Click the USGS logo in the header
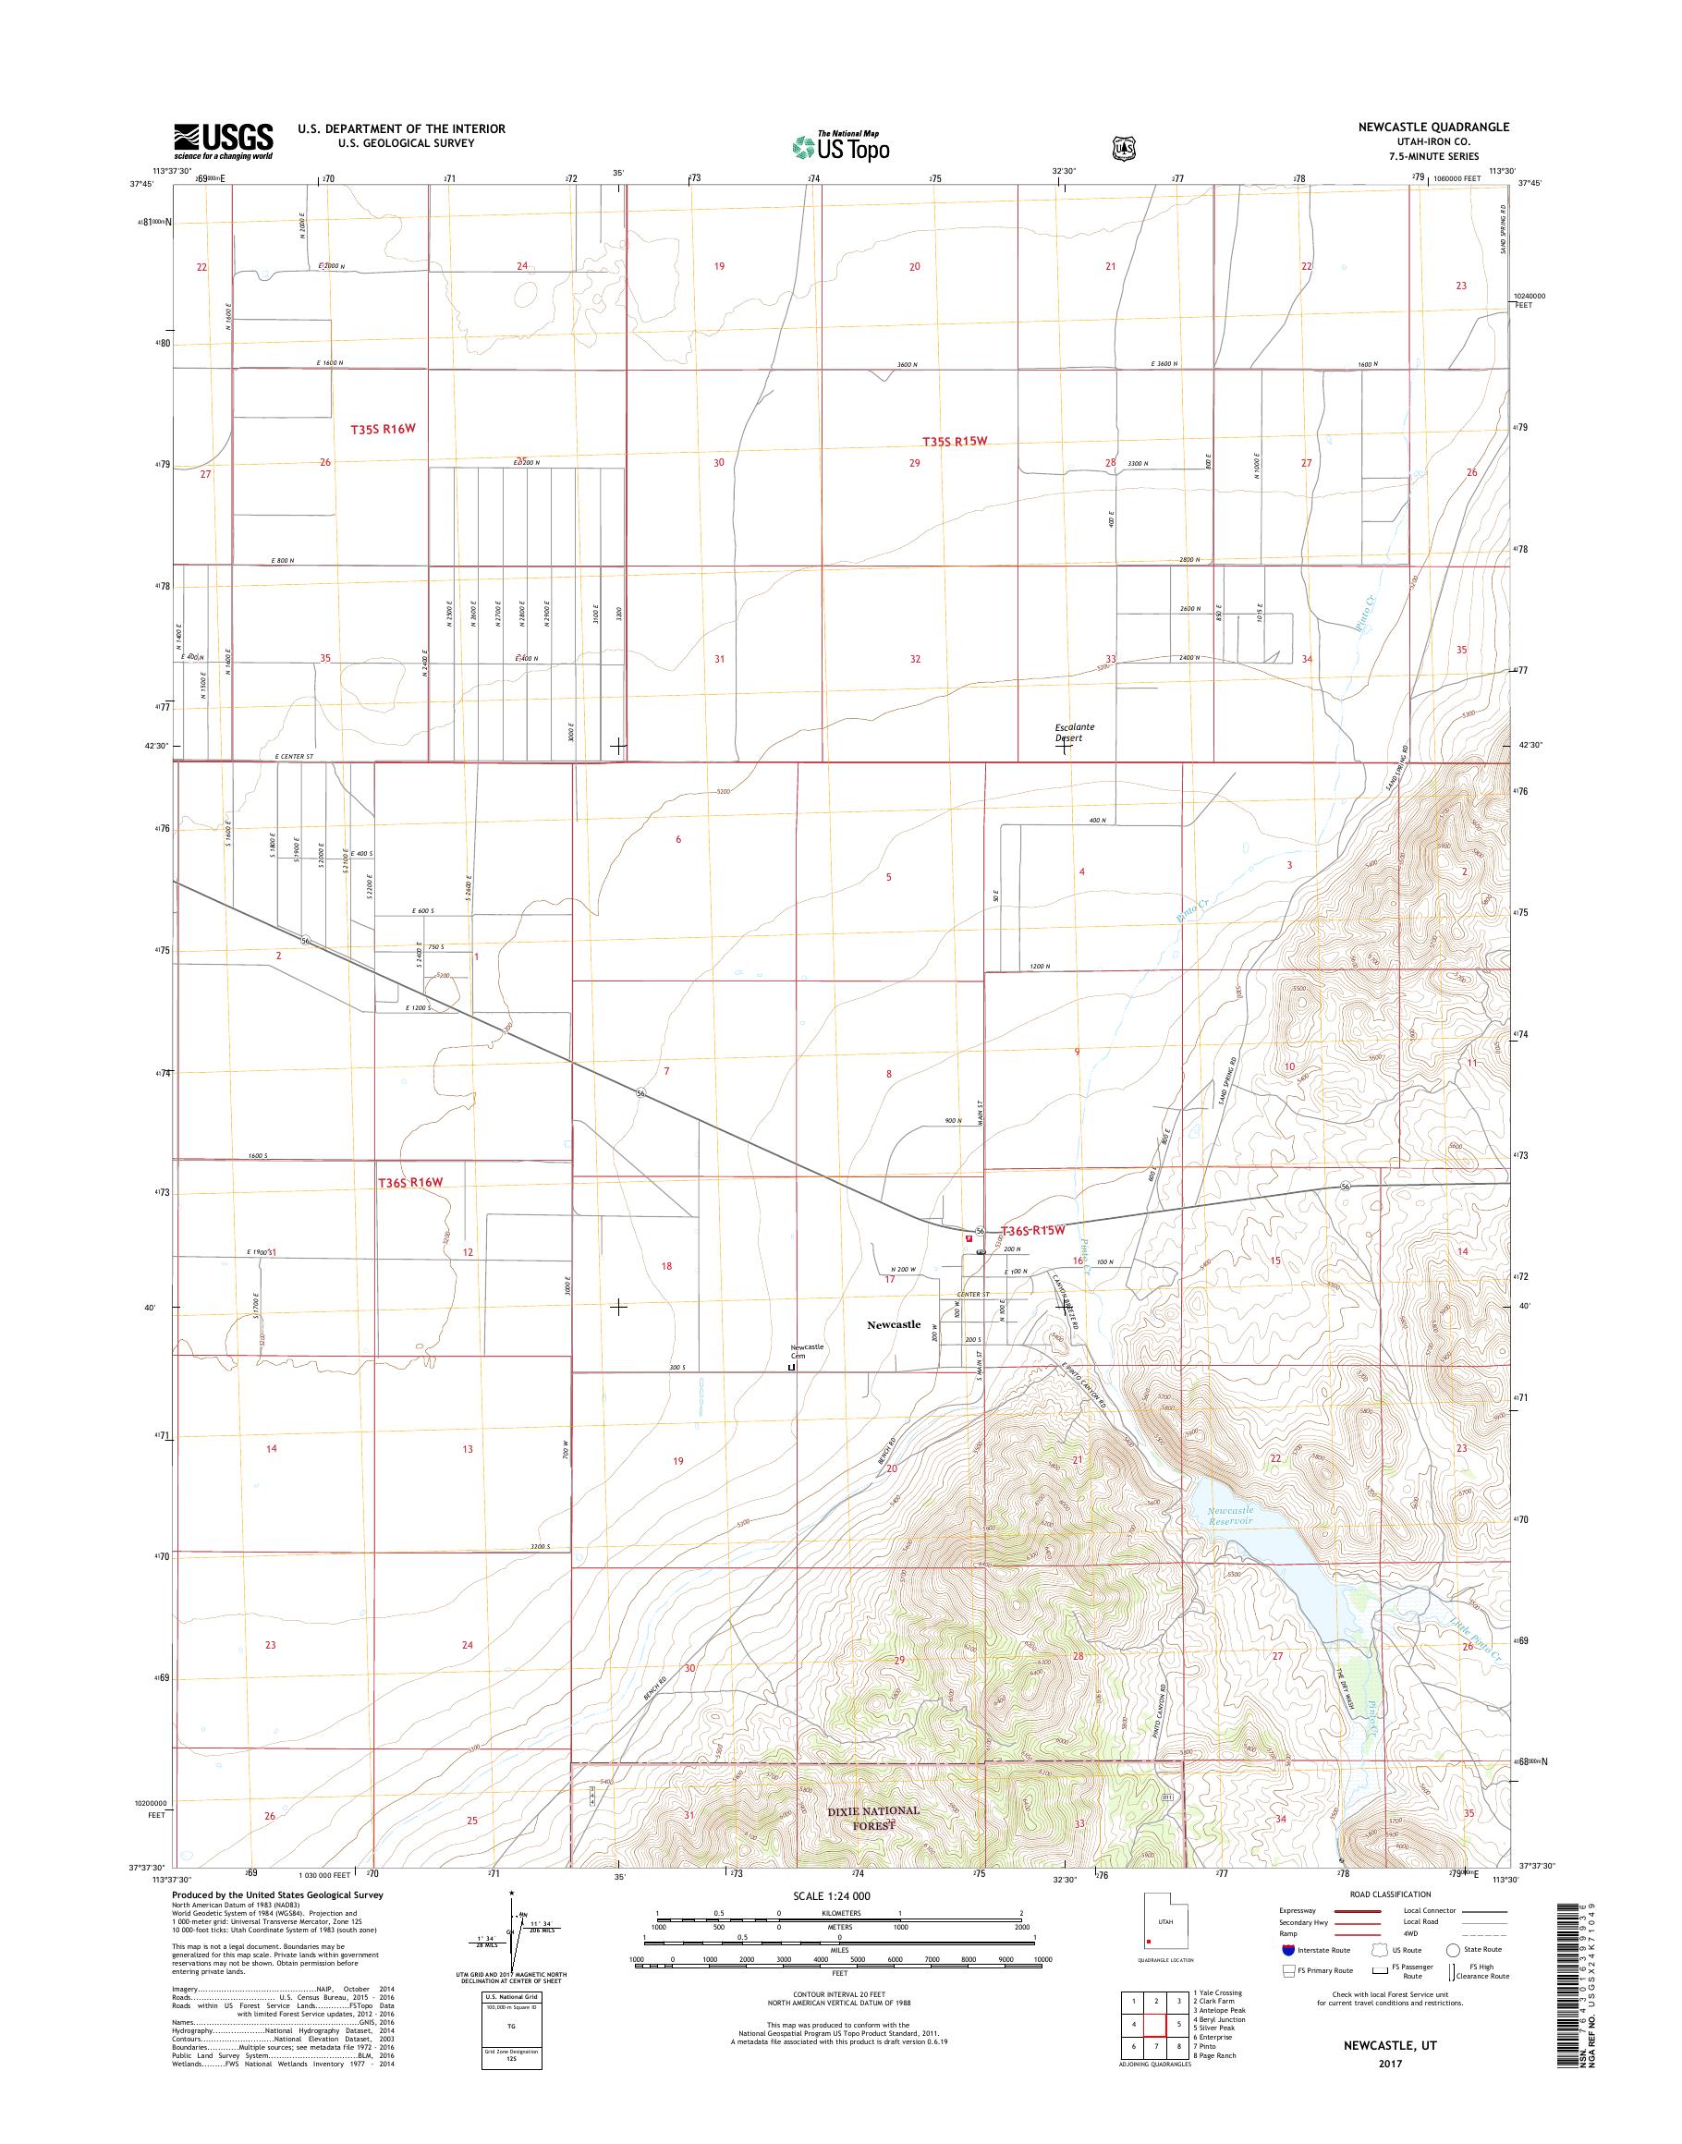pos(224,140)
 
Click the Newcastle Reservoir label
pos(1229,1516)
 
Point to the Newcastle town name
pos(893,1324)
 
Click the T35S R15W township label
pos(953,441)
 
